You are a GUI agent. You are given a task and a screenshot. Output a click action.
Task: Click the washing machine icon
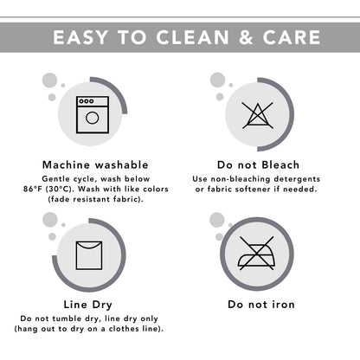point(93,114)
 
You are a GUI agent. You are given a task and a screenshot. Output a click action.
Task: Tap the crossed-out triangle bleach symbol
point(257,115)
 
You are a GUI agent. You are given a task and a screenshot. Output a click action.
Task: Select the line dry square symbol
point(89,255)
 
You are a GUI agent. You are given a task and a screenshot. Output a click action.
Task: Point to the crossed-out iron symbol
point(256,254)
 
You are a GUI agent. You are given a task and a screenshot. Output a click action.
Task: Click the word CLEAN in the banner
point(192,37)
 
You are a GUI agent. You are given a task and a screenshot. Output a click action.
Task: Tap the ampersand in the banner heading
point(246,37)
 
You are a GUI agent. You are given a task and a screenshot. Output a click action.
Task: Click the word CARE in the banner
point(292,37)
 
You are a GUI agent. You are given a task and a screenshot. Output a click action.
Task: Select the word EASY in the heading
point(80,37)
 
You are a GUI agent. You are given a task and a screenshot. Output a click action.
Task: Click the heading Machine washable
point(95,165)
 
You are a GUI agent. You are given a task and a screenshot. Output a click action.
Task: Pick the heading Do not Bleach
point(258,165)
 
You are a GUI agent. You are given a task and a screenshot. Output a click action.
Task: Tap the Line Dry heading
point(88,305)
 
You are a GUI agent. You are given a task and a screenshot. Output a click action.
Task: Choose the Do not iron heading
point(261,305)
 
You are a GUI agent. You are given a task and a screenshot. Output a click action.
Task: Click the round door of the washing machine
point(93,118)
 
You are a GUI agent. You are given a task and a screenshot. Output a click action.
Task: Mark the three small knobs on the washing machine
point(87,101)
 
